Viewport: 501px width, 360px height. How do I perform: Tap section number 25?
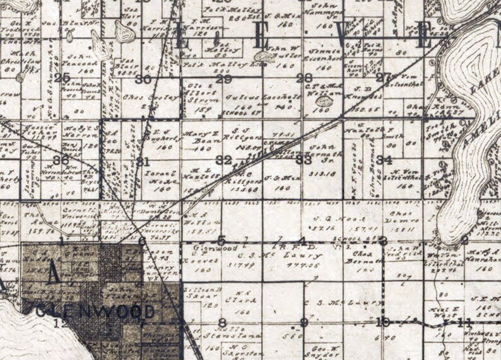click(x=62, y=78)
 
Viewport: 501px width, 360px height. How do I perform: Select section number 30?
click(x=143, y=79)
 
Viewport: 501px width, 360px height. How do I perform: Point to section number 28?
click(x=305, y=78)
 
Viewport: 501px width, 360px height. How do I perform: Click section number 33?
click(x=304, y=160)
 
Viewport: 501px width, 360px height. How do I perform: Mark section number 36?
click(x=61, y=160)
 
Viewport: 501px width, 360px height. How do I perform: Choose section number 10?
click(x=382, y=323)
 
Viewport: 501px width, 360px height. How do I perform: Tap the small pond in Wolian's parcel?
click(x=325, y=101)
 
